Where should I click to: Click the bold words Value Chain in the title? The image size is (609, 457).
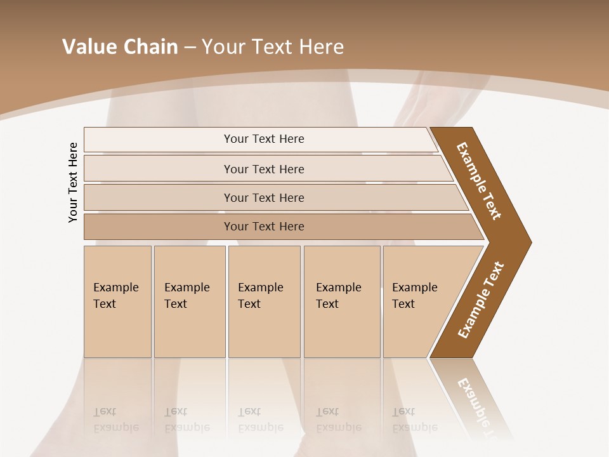click(120, 47)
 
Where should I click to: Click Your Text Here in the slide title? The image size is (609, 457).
click(273, 47)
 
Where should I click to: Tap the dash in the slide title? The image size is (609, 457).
click(190, 48)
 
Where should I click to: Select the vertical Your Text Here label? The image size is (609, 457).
click(73, 182)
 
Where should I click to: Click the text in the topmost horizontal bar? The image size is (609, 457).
click(264, 139)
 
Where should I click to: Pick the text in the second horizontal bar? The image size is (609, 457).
click(264, 169)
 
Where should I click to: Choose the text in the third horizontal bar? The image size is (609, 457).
click(264, 197)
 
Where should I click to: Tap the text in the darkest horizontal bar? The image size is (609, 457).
click(264, 226)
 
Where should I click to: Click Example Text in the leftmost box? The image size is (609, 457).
click(115, 296)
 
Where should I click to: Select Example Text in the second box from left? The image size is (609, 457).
click(187, 296)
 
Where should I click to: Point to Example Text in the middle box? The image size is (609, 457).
click(260, 296)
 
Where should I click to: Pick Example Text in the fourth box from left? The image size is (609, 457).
click(338, 296)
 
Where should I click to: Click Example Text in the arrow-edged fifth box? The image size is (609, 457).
click(414, 296)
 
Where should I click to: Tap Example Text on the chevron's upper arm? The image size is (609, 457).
click(479, 181)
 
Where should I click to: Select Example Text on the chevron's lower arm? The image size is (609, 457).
click(481, 300)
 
